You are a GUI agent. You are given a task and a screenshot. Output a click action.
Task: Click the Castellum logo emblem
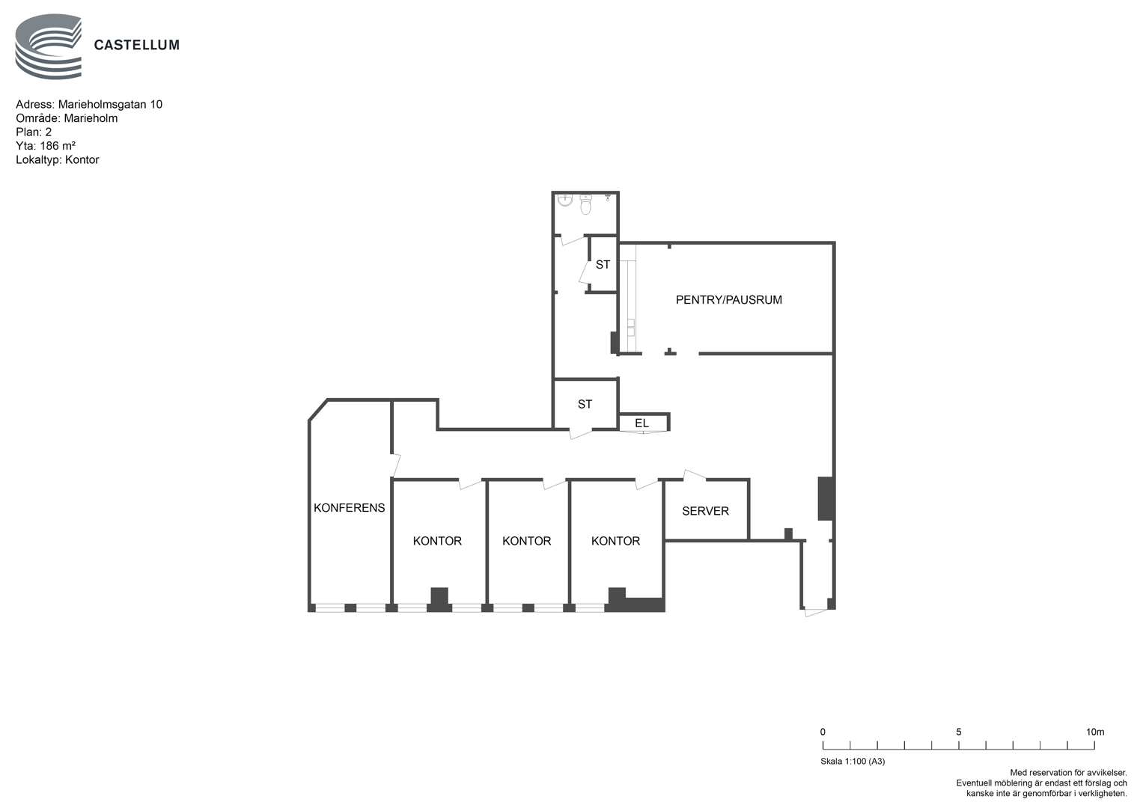coord(49,46)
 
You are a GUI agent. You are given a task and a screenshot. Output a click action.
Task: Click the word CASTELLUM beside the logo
coord(137,46)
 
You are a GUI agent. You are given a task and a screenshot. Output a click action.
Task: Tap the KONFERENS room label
coord(349,508)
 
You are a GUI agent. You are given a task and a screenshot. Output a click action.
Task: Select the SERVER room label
coord(705,511)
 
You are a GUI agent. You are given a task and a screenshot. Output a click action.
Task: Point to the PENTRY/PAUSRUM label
coord(728,300)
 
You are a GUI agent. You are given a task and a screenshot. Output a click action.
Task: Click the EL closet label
coord(641,423)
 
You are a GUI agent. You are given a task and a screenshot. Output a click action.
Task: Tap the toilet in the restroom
coord(586,205)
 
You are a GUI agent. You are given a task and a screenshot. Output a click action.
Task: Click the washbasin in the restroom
coord(565,200)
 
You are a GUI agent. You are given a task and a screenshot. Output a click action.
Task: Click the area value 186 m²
coord(58,146)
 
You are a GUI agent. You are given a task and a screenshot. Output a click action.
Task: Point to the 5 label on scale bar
coord(959,732)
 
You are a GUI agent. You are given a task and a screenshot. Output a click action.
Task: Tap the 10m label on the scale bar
coord(1095,732)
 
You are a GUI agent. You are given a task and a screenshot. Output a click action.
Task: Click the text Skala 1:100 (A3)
coord(853,762)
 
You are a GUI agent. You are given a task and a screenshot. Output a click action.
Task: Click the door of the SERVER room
coord(695,475)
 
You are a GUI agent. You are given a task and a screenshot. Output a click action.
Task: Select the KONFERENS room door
coord(395,465)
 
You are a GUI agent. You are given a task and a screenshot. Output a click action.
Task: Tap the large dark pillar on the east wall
coord(826,498)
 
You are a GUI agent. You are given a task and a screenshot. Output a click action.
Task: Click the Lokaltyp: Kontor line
coord(58,159)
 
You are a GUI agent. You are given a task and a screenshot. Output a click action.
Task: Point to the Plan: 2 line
coord(34,132)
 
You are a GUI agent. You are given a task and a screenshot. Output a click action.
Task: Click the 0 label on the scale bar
coord(823,732)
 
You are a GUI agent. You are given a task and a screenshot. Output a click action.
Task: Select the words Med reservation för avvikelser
coord(1068,773)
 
